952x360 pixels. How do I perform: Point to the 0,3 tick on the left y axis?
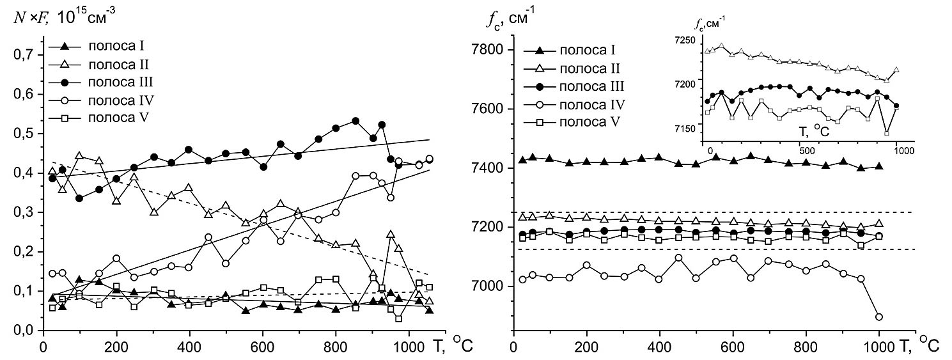tap(26, 212)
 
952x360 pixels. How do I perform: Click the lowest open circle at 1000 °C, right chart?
tap(879, 317)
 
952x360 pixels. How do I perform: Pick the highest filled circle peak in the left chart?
tap(355, 120)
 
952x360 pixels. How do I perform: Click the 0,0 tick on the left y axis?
tap(26, 331)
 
